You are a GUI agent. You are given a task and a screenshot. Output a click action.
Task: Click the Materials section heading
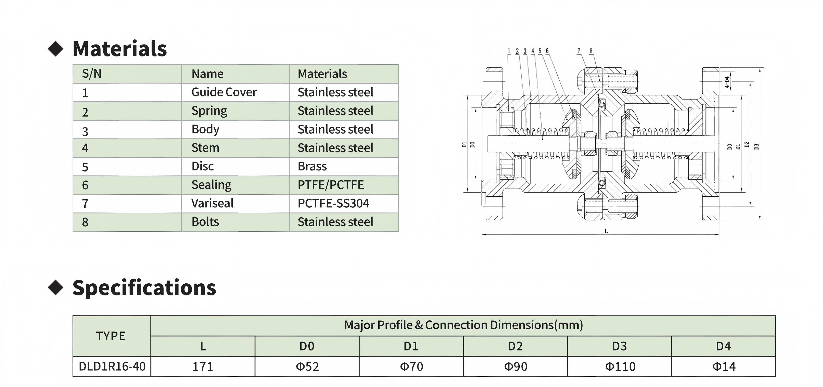pyautogui.click(x=119, y=49)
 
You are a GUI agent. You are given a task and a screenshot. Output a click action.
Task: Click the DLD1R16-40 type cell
pyautogui.click(x=112, y=366)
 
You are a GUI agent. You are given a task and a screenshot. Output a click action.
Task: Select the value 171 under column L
pyautogui.click(x=203, y=367)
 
